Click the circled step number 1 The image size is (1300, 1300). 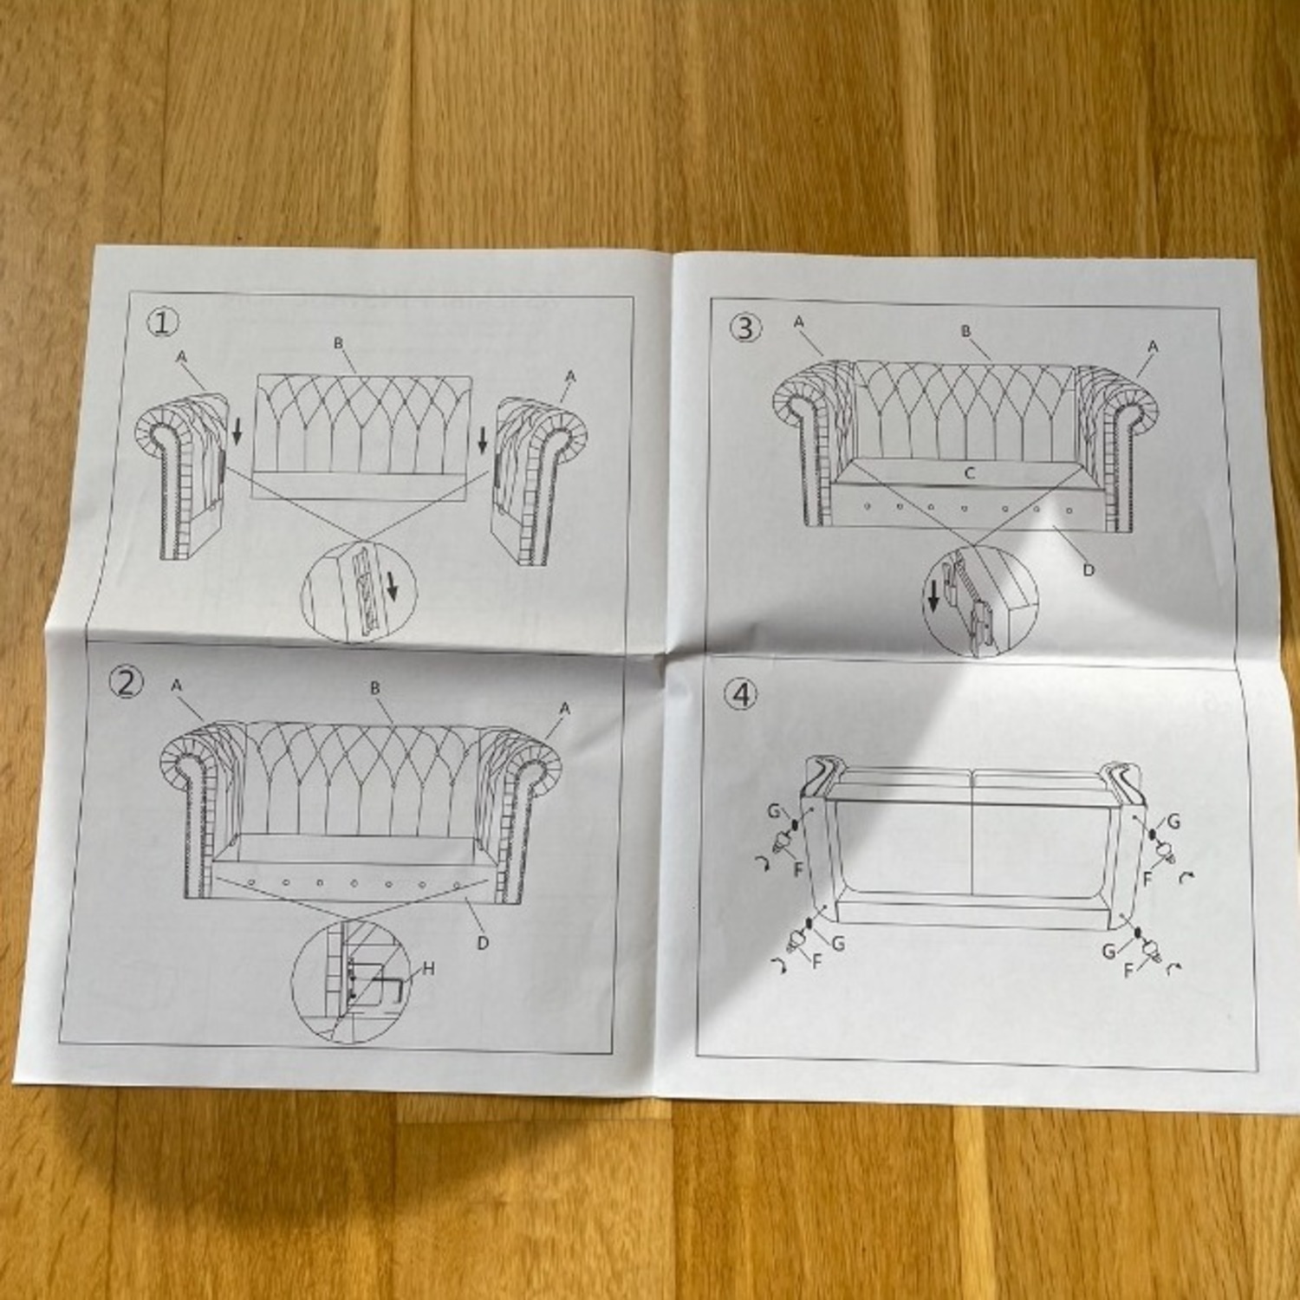tap(163, 323)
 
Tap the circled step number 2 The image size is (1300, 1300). tap(126, 683)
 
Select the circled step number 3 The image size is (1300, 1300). tap(746, 328)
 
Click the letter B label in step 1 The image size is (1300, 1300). tap(339, 343)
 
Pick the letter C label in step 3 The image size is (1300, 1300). tap(970, 473)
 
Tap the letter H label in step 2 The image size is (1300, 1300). tap(427, 969)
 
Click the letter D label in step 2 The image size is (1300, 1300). tap(483, 942)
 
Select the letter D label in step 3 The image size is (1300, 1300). tap(1089, 569)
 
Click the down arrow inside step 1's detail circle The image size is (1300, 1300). tap(392, 589)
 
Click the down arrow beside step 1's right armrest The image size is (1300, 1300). tap(483, 442)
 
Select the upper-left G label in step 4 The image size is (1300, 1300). tap(772, 812)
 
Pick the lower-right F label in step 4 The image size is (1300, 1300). tap(1128, 971)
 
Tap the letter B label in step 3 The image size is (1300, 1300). tap(965, 331)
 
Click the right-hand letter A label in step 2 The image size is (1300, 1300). tap(565, 709)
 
